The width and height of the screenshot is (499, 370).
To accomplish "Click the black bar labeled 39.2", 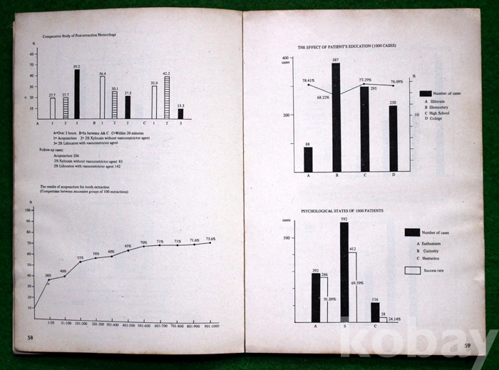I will (x=77, y=94).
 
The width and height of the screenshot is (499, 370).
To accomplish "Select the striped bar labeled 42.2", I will (x=167, y=98).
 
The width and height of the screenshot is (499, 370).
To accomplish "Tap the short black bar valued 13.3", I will (x=180, y=113).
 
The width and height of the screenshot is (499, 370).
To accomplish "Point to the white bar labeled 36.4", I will (x=103, y=97).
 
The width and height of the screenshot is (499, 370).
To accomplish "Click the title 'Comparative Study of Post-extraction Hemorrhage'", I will (x=79, y=34).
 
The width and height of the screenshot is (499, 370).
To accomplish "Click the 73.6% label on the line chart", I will (x=211, y=239).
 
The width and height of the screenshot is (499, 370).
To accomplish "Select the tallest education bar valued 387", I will (x=336, y=118).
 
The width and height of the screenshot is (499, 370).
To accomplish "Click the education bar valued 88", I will (x=308, y=159).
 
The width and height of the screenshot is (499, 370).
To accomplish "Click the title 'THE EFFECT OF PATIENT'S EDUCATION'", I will (x=346, y=46).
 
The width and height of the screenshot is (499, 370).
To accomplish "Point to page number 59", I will (x=468, y=346).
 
